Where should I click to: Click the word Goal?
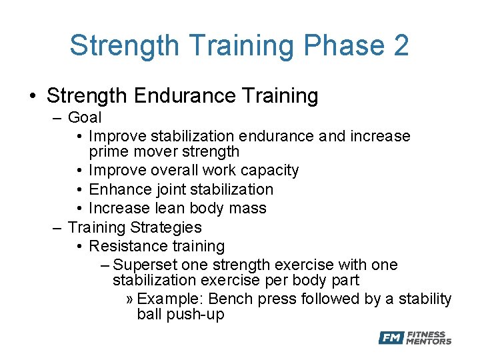click(x=85, y=118)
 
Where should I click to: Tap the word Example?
click(x=171, y=299)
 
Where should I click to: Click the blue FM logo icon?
click(x=391, y=338)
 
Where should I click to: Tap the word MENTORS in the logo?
click(x=429, y=342)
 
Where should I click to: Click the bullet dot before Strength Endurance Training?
click(x=33, y=97)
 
